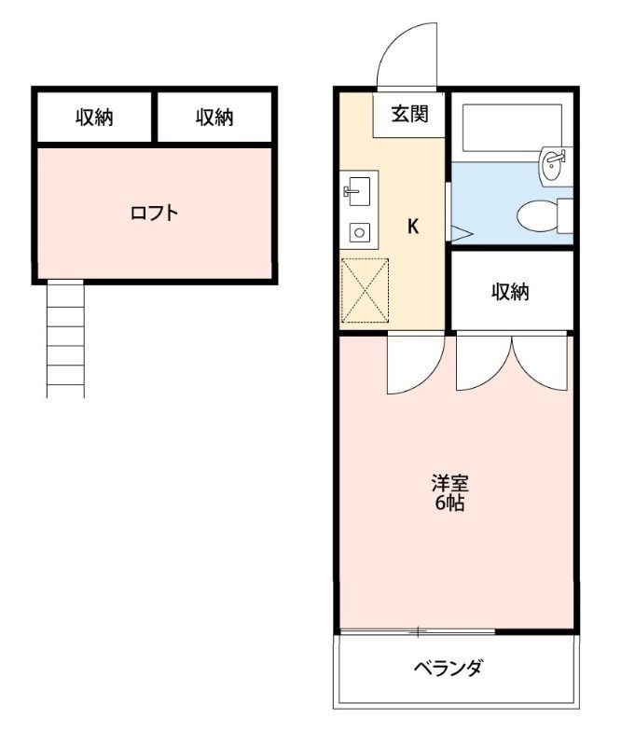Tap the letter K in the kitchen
click(412, 226)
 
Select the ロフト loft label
click(154, 213)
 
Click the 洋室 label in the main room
click(449, 484)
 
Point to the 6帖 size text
click(449, 504)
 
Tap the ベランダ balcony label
click(449, 669)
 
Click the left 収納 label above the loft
click(94, 117)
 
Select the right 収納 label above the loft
click(214, 117)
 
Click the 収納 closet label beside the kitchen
click(511, 292)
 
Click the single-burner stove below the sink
click(358, 233)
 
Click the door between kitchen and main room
click(413, 364)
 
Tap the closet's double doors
click(511, 362)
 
